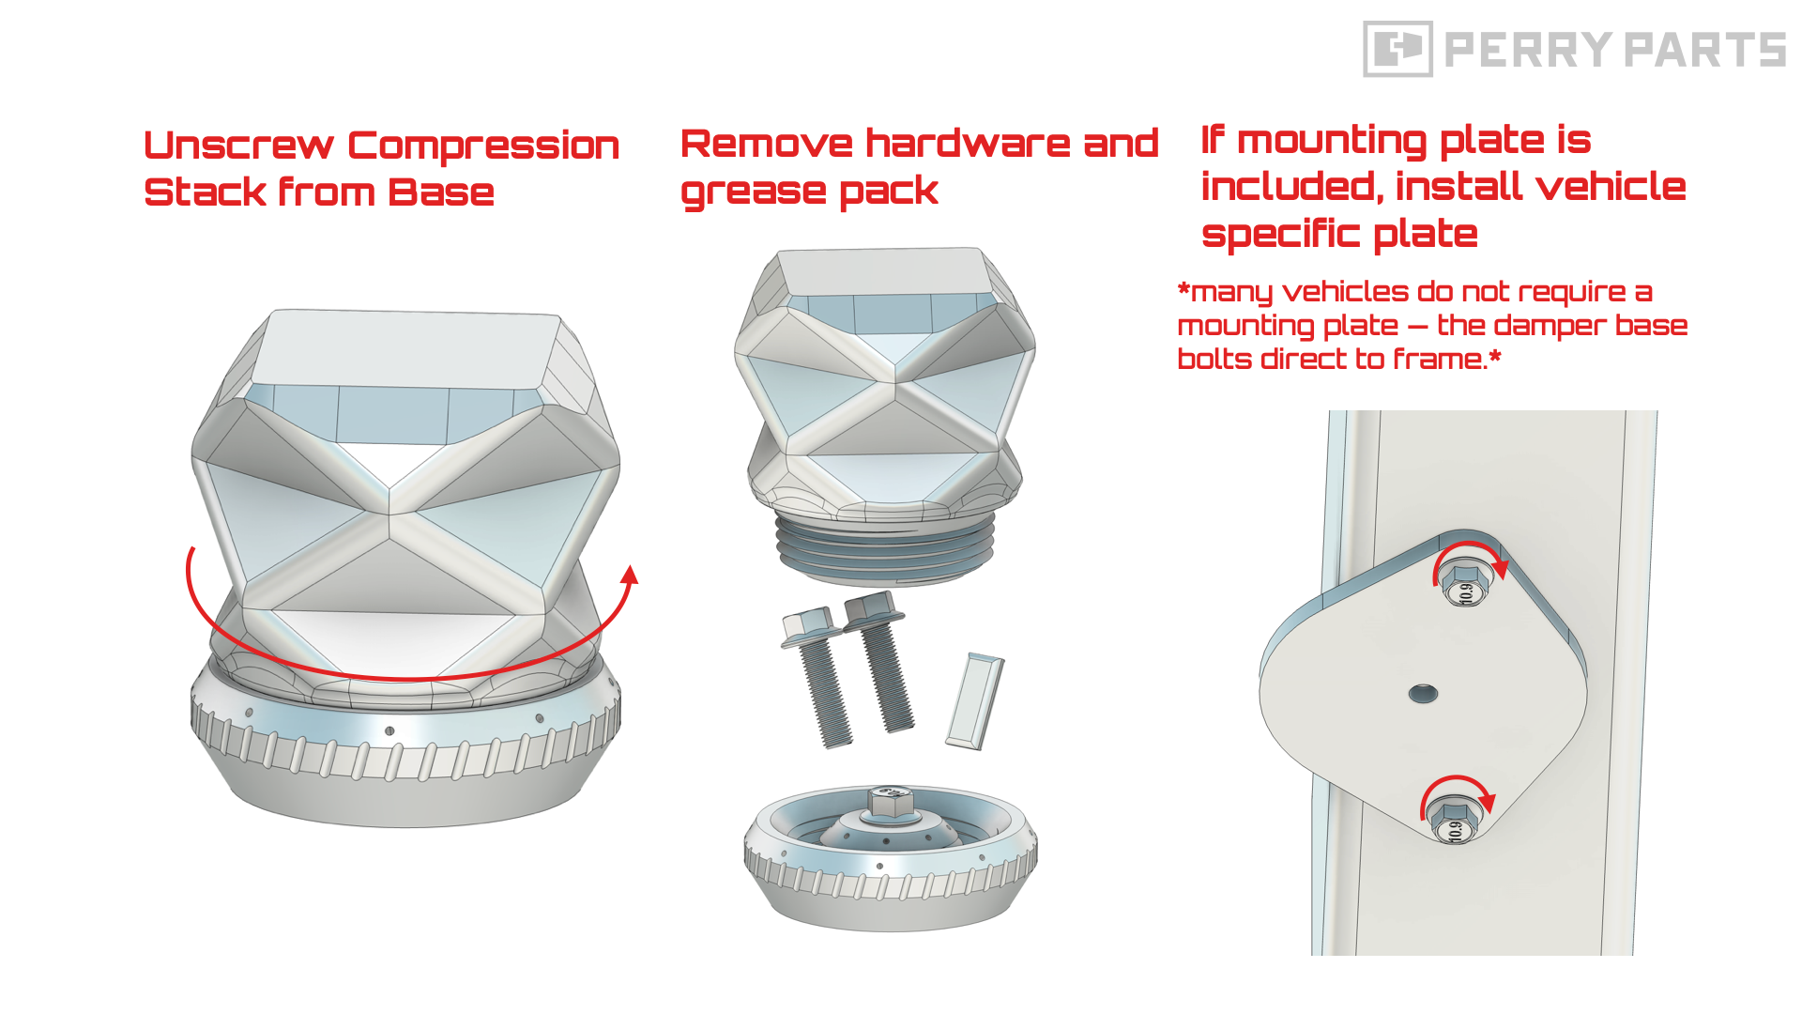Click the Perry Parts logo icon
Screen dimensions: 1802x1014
click(1397, 49)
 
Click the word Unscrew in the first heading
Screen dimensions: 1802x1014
click(238, 146)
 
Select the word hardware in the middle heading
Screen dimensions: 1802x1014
click(967, 143)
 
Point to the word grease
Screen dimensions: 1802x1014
click(753, 192)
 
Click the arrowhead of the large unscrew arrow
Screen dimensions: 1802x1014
click(631, 574)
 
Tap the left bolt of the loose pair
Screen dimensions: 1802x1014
click(817, 676)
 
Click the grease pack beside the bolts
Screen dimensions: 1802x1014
click(975, 700)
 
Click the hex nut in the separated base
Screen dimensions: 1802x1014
click(890, 801)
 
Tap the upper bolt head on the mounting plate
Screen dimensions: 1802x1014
click(1466, 584)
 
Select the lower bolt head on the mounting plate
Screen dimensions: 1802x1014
click(1454, 822)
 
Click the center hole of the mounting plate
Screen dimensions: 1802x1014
click(1423, 694)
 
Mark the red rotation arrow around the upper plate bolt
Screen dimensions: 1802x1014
click(1470, 546)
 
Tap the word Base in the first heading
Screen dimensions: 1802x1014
click(441, 192)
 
